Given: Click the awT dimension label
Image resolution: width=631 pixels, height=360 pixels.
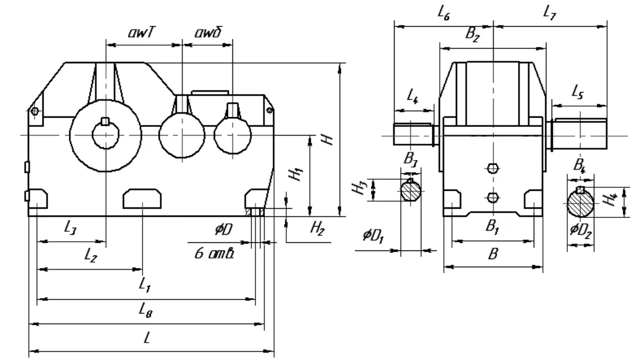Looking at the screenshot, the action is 141,32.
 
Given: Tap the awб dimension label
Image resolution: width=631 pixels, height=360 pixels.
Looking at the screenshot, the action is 208,32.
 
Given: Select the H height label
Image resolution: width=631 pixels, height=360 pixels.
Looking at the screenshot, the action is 329,139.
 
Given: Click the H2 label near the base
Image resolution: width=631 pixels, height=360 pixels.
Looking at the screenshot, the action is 318,228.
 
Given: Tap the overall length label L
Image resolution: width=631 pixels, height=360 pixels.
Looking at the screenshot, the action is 147,337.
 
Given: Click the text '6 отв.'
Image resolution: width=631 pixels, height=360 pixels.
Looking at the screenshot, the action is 214,254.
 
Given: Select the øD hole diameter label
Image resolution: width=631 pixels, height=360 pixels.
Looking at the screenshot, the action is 223,230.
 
